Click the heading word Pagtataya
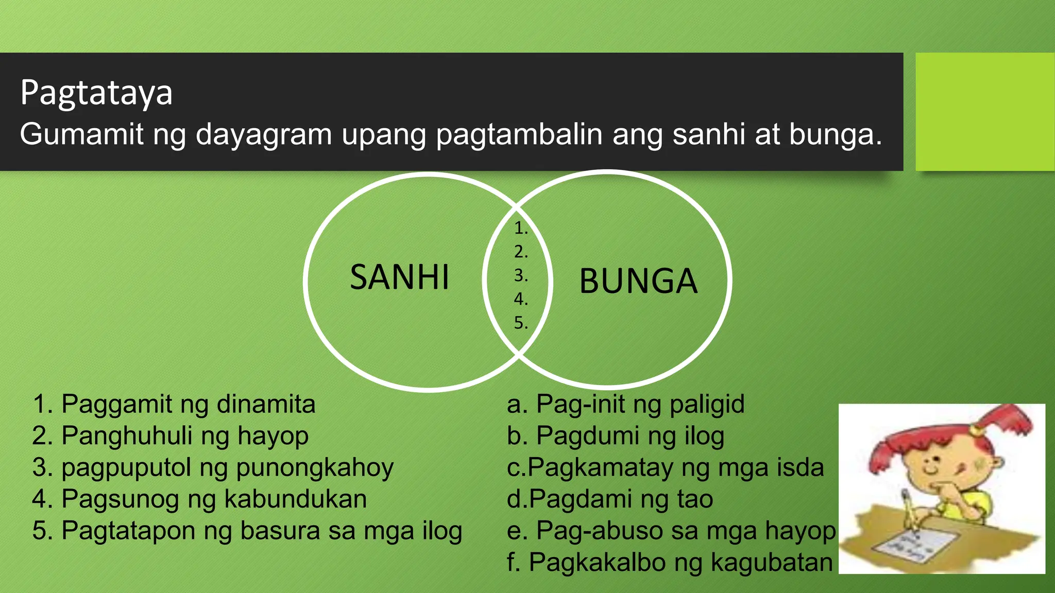tap(96, 93)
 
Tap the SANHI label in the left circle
tap(399, 277)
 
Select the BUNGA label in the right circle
tap(638, 282)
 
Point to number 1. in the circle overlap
tap(521, 228)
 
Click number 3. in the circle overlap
tap(521, 275)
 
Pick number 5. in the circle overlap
tap(521, 323)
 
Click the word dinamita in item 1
tap(266, 404)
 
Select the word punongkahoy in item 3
tap(315, 468)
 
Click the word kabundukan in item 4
tap(296, 499)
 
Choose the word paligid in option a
tap(707, 404)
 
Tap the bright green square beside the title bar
tap(984, 112)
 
